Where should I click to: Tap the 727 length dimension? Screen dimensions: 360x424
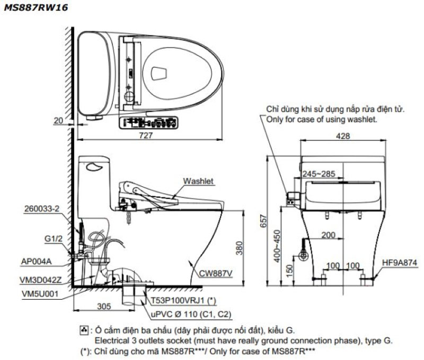pyautogui.click(x=145, y=136)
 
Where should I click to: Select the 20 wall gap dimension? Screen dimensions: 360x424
pyautogui.click(x=58, y=121)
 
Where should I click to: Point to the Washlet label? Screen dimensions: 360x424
pyautogui.click(x=199, y=181)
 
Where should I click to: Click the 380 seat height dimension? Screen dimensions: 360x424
pyautogui.click(x=240, y=246)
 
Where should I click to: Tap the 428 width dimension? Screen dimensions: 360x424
pyautogui.click(x=343, y=136)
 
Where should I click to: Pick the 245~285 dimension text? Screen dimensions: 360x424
pyautogui.click(x=318, y=174)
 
